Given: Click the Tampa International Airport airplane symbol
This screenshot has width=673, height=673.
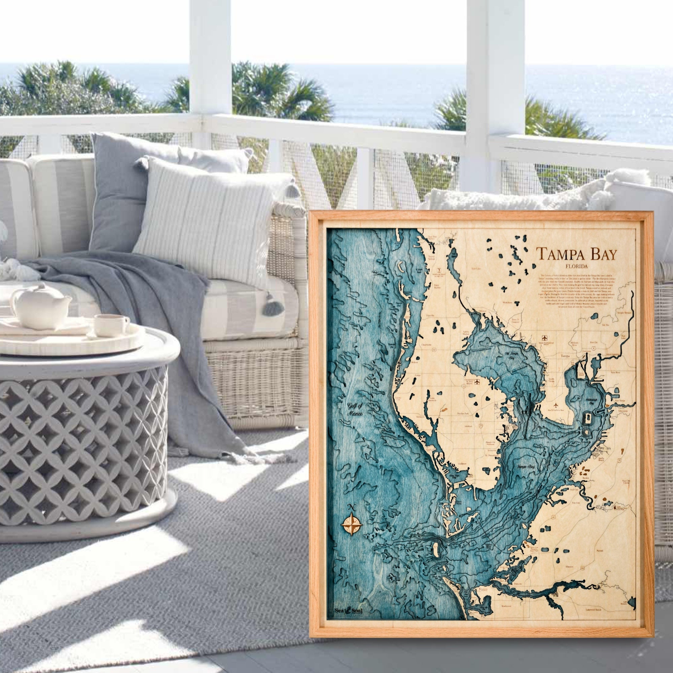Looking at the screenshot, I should [544, 338].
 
